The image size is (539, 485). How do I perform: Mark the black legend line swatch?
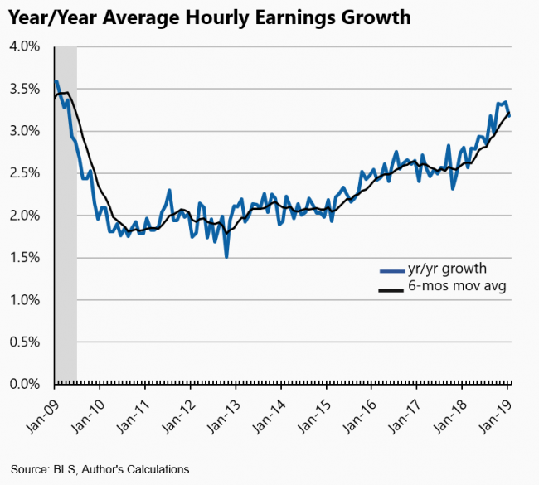[388, 289]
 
